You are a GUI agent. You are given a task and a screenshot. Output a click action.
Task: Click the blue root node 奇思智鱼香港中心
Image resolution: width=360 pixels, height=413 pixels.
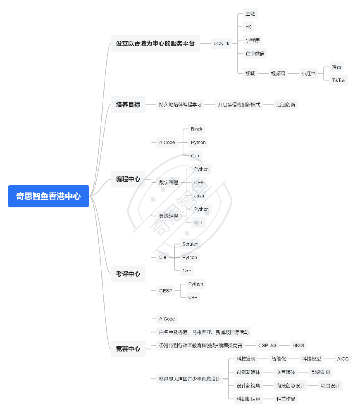point(48,196)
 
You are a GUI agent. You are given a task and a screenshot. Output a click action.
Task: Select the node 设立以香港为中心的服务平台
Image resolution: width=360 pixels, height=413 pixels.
point(155,43)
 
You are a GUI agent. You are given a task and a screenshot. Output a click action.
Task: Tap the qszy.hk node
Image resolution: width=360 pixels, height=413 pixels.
point(222,43)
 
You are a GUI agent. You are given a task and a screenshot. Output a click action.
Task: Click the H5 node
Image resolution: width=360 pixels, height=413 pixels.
point(248,27)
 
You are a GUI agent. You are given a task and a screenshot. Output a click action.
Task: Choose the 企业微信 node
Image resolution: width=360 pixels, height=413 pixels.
point(255,54)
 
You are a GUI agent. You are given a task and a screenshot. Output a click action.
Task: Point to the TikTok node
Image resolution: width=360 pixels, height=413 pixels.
point(339,80)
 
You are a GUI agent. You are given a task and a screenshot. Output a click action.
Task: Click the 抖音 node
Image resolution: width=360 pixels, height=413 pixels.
point(336,67)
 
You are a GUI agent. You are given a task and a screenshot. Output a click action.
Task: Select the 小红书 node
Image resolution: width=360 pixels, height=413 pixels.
point(308,74)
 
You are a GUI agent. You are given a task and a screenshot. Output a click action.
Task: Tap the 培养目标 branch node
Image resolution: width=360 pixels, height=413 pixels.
point(128,104)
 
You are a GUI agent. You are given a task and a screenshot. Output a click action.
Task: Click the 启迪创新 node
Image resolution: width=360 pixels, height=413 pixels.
point(286,104)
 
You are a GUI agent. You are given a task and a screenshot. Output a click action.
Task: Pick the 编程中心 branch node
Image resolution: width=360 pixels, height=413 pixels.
point(128,179)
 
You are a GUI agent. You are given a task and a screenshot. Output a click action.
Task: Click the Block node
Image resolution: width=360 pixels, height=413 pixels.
point(197,129)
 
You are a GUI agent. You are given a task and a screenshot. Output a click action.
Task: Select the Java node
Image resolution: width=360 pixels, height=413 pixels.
point(199,196)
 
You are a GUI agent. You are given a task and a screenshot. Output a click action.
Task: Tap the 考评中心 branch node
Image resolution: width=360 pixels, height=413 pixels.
point(128,274)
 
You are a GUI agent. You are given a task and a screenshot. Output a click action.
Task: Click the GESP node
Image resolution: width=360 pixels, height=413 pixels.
point(165,291)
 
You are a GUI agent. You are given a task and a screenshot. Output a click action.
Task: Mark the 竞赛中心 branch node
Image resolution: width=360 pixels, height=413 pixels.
point(128,349)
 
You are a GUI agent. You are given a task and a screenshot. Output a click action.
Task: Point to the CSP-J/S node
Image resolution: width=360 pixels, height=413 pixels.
point(267,345)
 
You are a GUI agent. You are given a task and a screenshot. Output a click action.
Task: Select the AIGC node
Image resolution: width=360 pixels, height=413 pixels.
point(343,359)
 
